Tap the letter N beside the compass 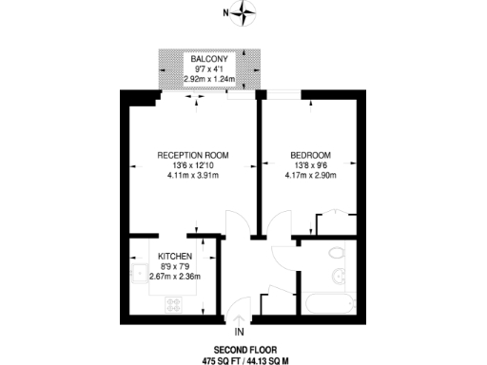[224, 13]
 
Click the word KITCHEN [176, 257]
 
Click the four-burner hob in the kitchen [176, 304]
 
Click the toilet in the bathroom [335, 252]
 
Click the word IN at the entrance [240, 332]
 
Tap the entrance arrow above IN [240, 319]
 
